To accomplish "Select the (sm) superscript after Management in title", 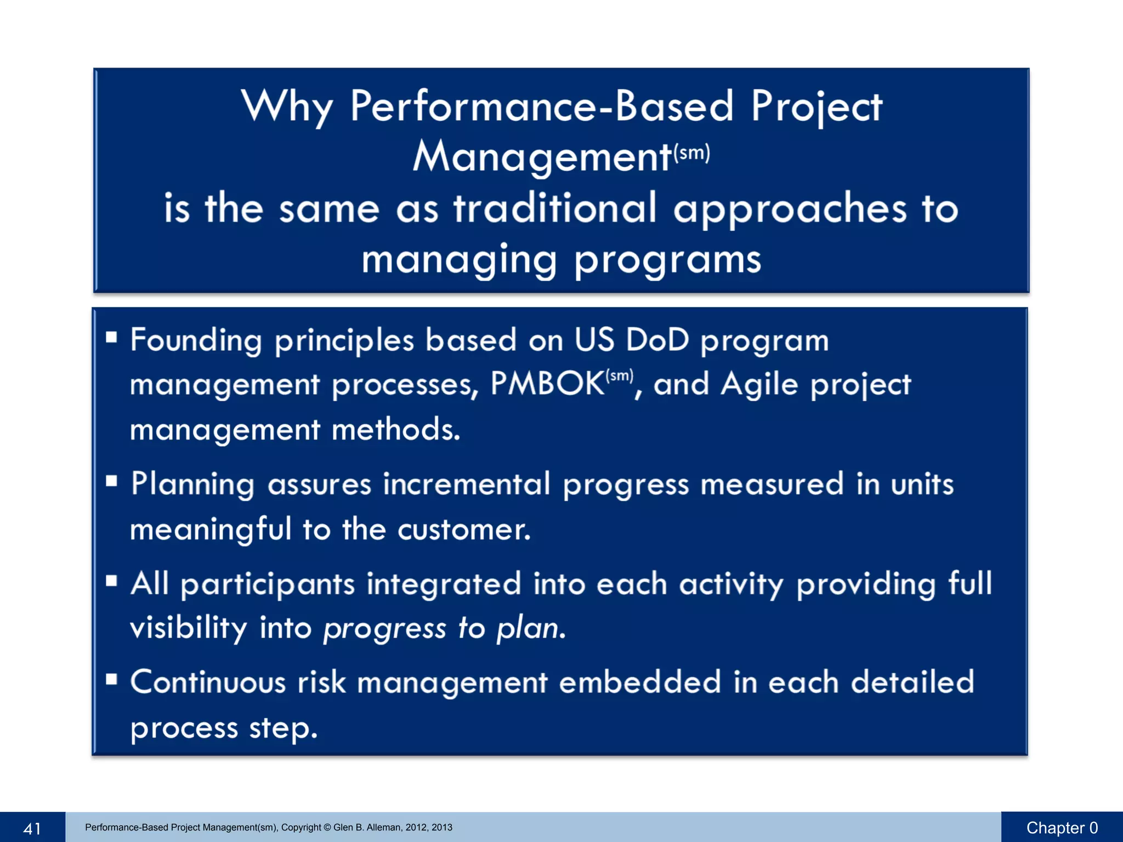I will [x=691, y=152].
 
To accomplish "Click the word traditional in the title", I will [x=554, y=208].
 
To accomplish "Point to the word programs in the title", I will [x=667, y=260].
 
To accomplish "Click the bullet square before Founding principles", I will [x=112, y=337].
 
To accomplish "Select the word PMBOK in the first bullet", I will [x=547, y=383].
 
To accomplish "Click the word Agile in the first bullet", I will [x=759, y=384].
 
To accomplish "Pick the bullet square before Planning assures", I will [x=112, y=481].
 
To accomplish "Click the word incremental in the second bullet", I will [x=466, y=485].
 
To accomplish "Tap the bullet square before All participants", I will [x=112, y=581].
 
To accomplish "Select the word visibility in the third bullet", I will [x=189, y=628].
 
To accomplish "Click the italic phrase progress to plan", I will [x=444, y=628].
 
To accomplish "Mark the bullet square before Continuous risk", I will [x=112, y=680].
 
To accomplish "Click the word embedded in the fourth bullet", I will [x=639, y=683].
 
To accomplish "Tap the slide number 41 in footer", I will [x=32, y=828].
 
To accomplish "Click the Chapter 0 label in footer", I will [x=1062, y=828].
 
